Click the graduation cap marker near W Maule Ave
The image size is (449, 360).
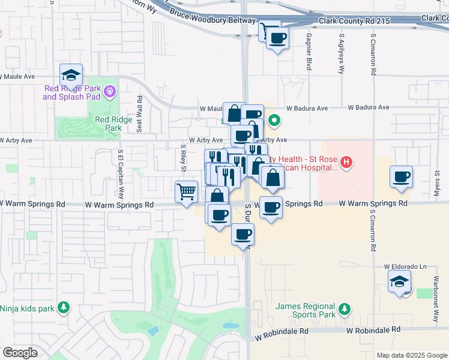click(x=71, y=75)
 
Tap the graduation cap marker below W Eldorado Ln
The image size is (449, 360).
click(x=399, y=282)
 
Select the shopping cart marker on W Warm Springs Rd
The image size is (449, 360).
click(x=187, y=192)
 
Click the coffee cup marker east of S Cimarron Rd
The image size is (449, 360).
click(x=401, y=177)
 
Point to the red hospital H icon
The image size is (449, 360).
click(x=346, y=161)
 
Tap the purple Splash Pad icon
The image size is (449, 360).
click(x=109, y=92)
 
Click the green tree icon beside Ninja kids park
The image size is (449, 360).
click(x=63, y=308)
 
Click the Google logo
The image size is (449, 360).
click(x=20, y=353)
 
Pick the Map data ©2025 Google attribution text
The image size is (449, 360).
click(x=411, y=355)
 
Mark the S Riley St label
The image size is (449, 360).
click(x=182, y=157)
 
